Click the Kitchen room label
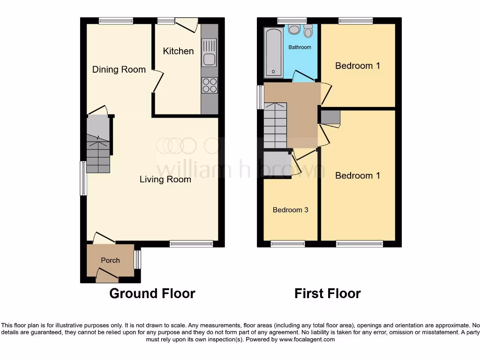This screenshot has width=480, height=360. coord(178,51)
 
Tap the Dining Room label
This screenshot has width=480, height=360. coord(119,70)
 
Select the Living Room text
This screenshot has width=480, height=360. coord(165,180)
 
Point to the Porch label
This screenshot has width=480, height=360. coord(111,261)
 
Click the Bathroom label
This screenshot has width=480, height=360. coord(300,47)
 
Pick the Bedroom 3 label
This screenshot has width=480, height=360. coord(291,210)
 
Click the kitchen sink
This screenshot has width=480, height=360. coord(209,52)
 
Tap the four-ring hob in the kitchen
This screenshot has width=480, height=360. coord(210,85)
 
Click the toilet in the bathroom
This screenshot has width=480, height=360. coord(308,31)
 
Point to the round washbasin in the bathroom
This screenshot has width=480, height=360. coord(294,30)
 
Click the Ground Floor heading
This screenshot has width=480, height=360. coord(152,294)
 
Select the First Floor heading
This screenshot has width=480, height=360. coord(328,294)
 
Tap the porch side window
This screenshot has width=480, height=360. coord(137,260)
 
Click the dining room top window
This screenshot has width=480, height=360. coord(116,20)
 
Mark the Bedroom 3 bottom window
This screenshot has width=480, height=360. coord(288,244)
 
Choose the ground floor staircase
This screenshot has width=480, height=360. coord(98,145)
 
